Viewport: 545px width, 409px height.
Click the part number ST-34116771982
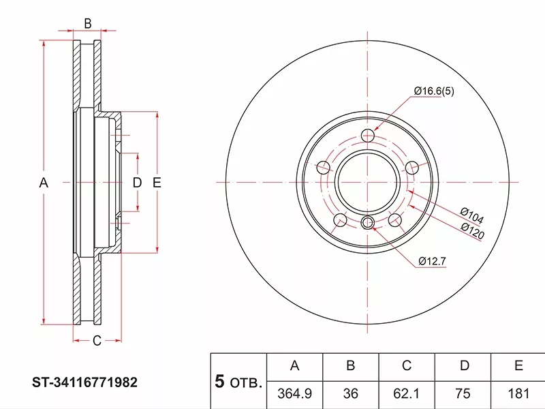click(84, 382)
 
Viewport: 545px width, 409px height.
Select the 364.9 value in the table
click(294, 393)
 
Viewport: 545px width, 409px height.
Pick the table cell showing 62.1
click(406, 393)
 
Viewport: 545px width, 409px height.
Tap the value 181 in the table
click(518, 393)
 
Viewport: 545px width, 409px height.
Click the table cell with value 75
click(463, 393)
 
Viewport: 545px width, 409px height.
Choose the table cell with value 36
click(350, 393)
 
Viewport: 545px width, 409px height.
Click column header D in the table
click(465, 365)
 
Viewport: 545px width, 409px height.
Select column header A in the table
click(295, 365)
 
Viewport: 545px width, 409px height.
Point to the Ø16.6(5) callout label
click(434, 91)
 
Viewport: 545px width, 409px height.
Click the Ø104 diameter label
click(471, 215)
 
